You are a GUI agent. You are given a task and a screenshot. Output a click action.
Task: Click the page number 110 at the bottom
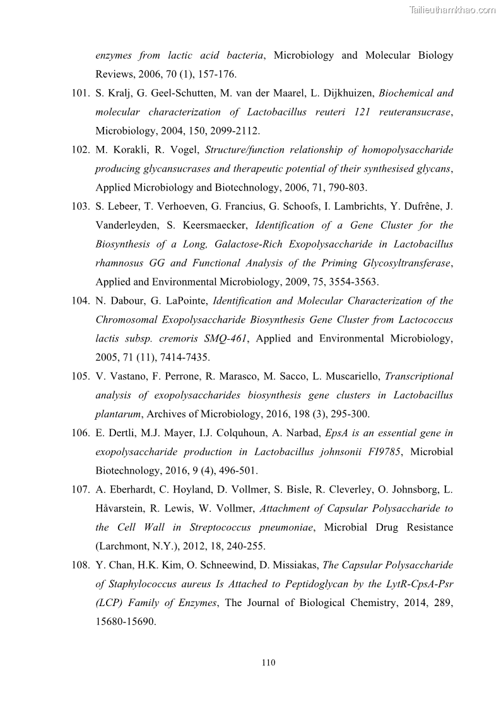(268, 662)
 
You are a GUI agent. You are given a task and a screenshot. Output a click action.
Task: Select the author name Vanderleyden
(126, 225)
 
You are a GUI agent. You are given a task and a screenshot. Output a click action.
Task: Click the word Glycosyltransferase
(399, 263)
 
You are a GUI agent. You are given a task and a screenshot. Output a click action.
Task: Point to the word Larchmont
(125, 546)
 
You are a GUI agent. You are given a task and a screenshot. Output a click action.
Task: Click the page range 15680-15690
(125, 622)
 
